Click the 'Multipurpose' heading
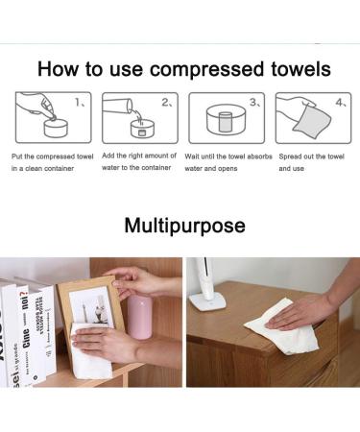coord(184,227)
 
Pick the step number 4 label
coord(341,101)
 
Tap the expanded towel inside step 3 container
coord(224,123)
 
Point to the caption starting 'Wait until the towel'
coord(228,161)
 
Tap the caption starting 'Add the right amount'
coord(139,161)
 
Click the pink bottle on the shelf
coord(140,318)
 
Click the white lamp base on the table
coord(207,300)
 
